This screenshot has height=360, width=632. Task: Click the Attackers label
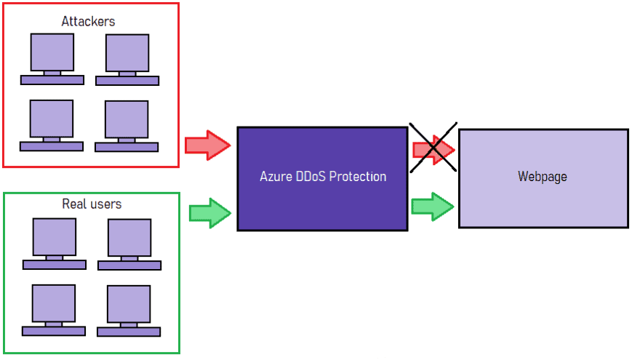click(88, 21)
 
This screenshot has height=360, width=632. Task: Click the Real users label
click(92, 204)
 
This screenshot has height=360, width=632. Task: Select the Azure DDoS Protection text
click(323, 177)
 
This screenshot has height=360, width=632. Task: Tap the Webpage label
click(543, 177)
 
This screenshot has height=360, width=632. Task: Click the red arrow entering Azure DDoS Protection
click(207, 145)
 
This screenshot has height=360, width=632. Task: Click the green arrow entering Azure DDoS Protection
click(210, 212)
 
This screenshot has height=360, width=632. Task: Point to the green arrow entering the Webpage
click(433, 207)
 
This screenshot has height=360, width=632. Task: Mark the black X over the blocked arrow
click(433, 148)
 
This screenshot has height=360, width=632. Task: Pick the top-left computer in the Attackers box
click(52, 58)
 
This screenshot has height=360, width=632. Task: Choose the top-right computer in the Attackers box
click(127, 58)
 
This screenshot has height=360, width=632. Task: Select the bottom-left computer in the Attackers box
click(52, 124)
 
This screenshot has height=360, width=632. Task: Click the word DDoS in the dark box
click(309, 177)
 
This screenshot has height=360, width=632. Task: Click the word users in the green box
click(105, 204)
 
